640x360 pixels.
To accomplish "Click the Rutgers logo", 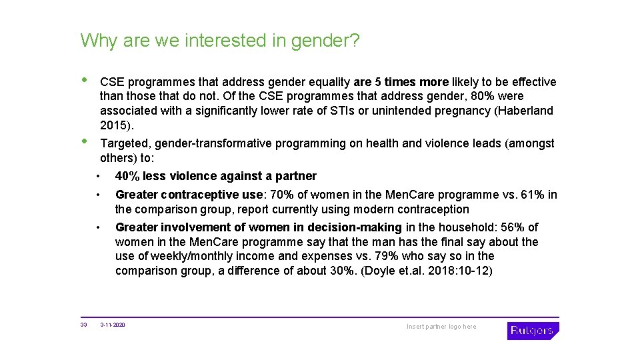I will click(533, 330).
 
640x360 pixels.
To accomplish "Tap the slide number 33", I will click(83, 325).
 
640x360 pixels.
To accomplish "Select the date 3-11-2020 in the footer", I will click(113, 325).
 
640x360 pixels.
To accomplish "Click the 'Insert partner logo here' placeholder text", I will click(441, 327).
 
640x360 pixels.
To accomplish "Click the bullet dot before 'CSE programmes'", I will click(84, 79).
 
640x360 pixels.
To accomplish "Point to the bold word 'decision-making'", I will click(360, 227).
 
